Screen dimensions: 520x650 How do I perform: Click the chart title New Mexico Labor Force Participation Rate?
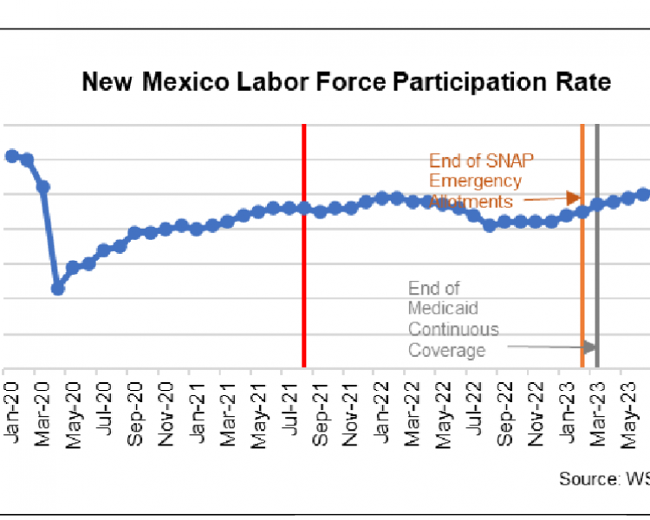tap(346, 82)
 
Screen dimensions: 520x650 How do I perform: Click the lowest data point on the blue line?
tap(58, 289)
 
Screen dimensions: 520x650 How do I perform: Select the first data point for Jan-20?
tap(11, 156)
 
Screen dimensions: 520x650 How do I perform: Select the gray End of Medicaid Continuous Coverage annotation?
tap(453, 319)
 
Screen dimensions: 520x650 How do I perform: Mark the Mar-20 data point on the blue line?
tap(42, 186)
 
